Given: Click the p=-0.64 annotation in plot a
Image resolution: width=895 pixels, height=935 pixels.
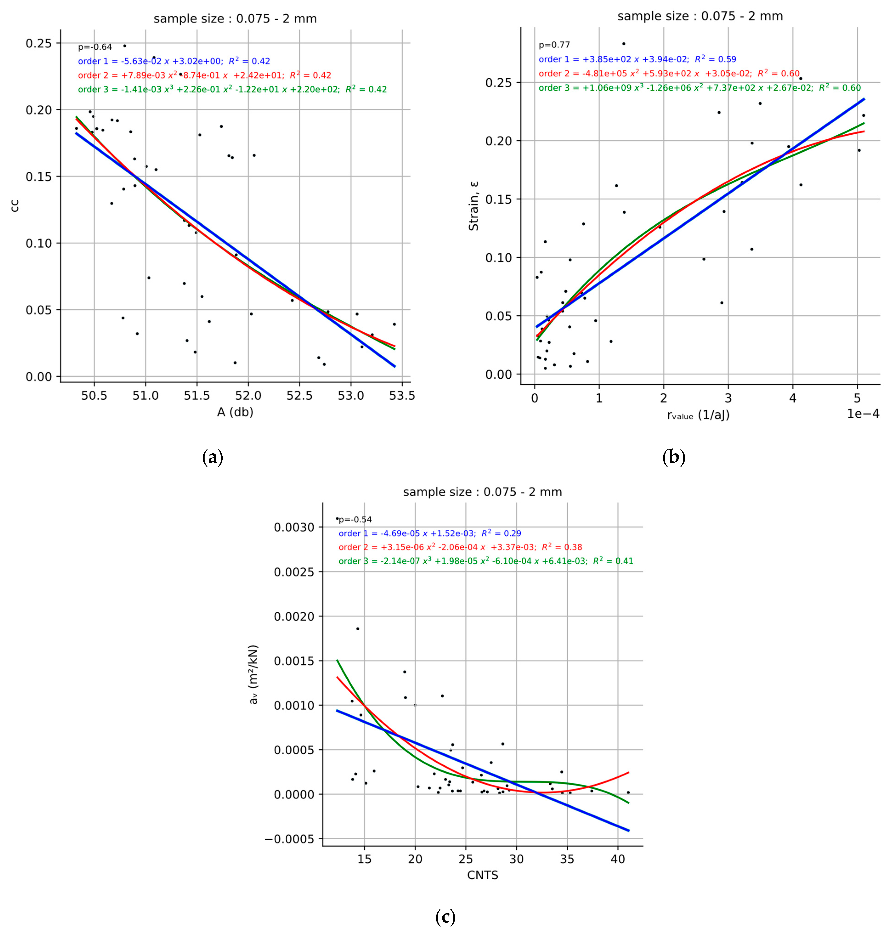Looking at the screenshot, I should click(95, 47).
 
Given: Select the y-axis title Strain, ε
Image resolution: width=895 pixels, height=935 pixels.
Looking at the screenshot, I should click(473, 206).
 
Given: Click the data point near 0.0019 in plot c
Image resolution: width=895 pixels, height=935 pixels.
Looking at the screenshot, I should click(357, 629).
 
